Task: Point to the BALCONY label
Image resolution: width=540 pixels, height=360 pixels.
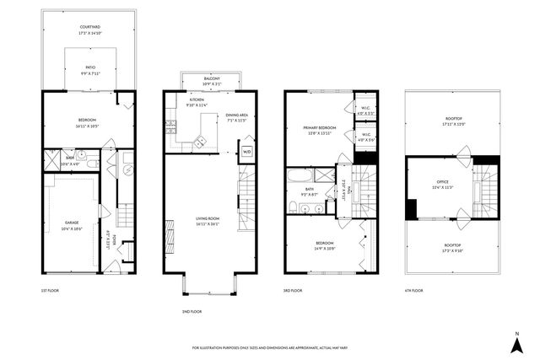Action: click(x=211, y=78)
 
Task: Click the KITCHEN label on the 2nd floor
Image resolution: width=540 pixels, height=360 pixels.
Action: click(x=196, y=101)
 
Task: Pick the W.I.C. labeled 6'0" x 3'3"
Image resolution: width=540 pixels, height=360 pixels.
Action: click(x=365, y=110)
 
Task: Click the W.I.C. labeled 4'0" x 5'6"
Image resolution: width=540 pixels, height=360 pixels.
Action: click(x=365, y=135)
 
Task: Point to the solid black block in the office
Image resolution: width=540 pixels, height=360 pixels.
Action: click(x=411, y=208)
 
